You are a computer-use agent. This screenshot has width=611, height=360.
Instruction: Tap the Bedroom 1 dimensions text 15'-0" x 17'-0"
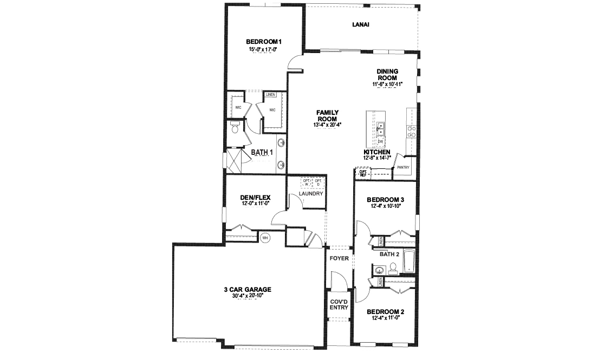point(263,49)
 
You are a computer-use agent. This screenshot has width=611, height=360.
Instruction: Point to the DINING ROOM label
point(388,75)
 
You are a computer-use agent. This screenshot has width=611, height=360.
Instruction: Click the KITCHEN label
point(377,152)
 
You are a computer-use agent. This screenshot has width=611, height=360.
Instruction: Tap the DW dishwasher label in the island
point(380,141)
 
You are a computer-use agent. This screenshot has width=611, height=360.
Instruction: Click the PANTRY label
point(403,167)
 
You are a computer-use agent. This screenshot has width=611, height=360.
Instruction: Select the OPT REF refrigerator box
point(362,174)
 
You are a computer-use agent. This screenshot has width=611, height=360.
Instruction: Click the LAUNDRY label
point(310,194)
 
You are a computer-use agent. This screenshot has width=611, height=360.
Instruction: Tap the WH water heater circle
point(265,237)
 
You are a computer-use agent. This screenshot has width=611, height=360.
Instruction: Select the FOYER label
point(339,258)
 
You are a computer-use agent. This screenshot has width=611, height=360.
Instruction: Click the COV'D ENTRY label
point(339,304)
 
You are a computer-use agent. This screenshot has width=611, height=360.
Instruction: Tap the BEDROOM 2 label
point(386,312)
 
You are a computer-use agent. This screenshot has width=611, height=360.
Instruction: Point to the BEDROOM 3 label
point(386,200)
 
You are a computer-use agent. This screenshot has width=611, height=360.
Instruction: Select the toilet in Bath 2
point(393,267)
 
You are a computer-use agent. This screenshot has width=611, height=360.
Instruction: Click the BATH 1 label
point(262,153)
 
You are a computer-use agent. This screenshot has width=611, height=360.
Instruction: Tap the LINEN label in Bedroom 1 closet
point(271,95)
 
